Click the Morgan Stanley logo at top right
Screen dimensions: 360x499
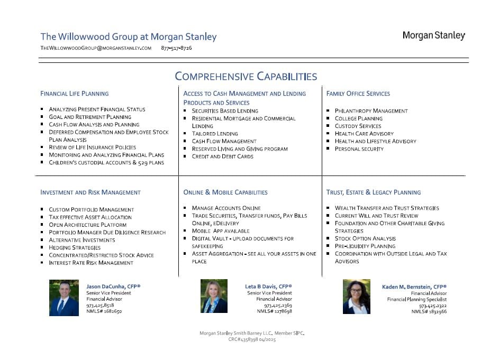coord(433,36)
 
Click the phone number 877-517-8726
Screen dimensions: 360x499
coord(176,48)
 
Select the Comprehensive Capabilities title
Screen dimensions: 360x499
coord(246,77)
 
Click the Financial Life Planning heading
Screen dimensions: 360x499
coord(75,94)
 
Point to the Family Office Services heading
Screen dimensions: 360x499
coord(358,94)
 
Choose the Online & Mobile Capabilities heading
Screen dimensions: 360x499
coord(225,192)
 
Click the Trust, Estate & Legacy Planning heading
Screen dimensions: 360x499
coord(374,192)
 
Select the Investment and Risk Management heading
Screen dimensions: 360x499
coord(90,192)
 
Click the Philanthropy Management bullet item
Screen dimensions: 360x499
coord(371,111)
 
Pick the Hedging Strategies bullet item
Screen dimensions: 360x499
coord(75,247)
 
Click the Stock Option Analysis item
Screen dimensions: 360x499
coord(365,238)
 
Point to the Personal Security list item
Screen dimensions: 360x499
coord(359,149)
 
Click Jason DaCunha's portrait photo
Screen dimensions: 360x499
coord(64,298)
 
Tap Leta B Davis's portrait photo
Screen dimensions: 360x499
coord(214,296)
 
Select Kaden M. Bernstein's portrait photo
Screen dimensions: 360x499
coord(357,297)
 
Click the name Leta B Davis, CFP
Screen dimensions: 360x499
coord(268,287)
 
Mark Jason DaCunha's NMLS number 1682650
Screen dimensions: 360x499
coord(104,312)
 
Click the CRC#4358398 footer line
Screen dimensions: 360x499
coord(252,339)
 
